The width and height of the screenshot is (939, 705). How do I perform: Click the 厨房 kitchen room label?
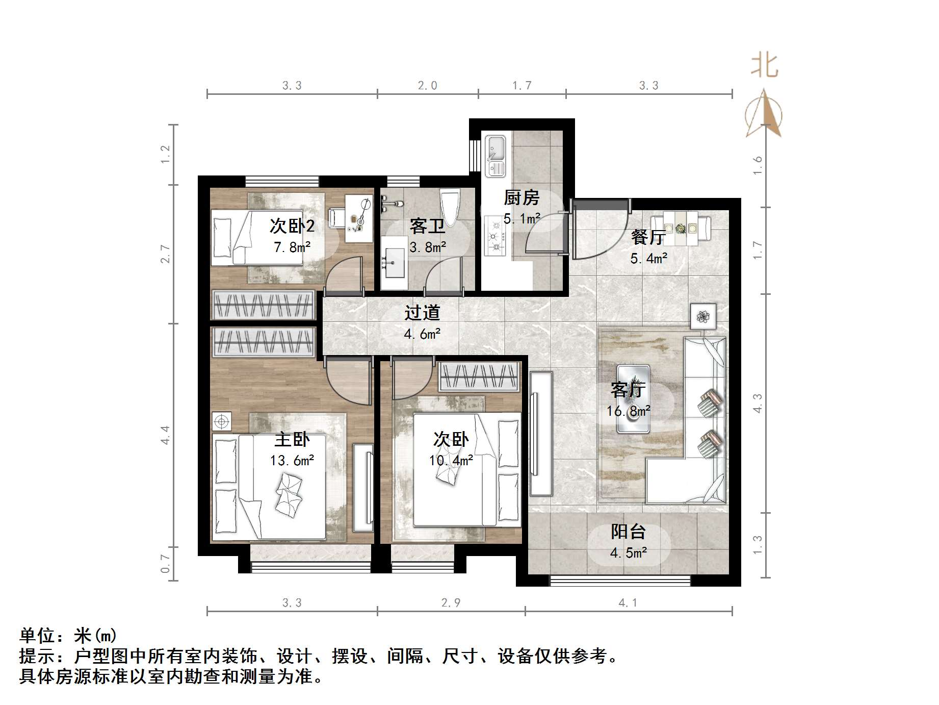point(521,197)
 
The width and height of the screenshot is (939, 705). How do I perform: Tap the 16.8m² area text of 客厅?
point(628,411)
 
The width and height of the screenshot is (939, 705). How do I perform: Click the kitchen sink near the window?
point(494,155)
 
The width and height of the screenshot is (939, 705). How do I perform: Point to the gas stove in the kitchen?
point(494,236)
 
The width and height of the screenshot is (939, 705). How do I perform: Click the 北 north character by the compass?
point(764,66)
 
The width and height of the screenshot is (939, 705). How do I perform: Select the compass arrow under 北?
point(764,115)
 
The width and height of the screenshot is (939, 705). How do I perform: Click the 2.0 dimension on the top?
point(427,85)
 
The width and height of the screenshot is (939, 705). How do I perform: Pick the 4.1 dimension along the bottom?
point(628,603)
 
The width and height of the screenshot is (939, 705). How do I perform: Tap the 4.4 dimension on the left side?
point(166,435)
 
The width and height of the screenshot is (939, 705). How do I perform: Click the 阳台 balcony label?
point(628,532)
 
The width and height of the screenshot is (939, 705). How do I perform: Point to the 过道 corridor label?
point(422,313)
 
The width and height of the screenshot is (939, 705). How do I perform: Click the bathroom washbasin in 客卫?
point(394,263)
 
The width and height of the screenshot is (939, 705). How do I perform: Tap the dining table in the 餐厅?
point(681,228)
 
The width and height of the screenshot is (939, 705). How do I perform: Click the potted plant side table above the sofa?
point(703,316)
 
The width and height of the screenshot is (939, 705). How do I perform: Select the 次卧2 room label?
point(292,226)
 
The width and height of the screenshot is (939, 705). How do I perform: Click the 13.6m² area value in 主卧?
point(292,461)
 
